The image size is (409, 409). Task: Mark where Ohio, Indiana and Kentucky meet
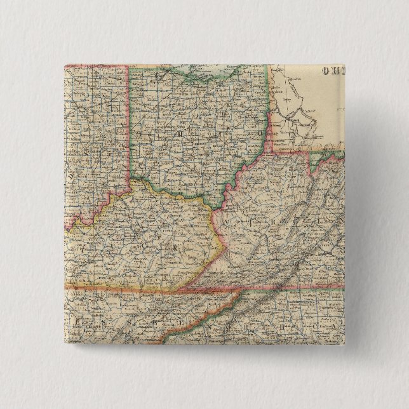[x=132, y=180]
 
